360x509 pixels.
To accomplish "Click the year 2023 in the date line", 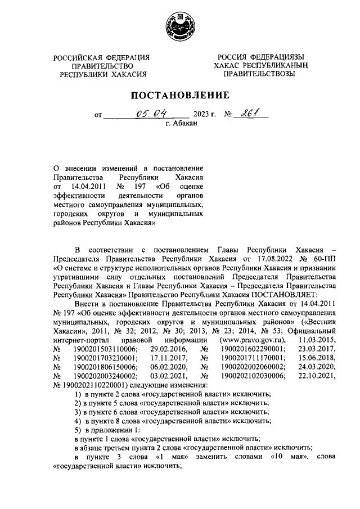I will tap(201, 116).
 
